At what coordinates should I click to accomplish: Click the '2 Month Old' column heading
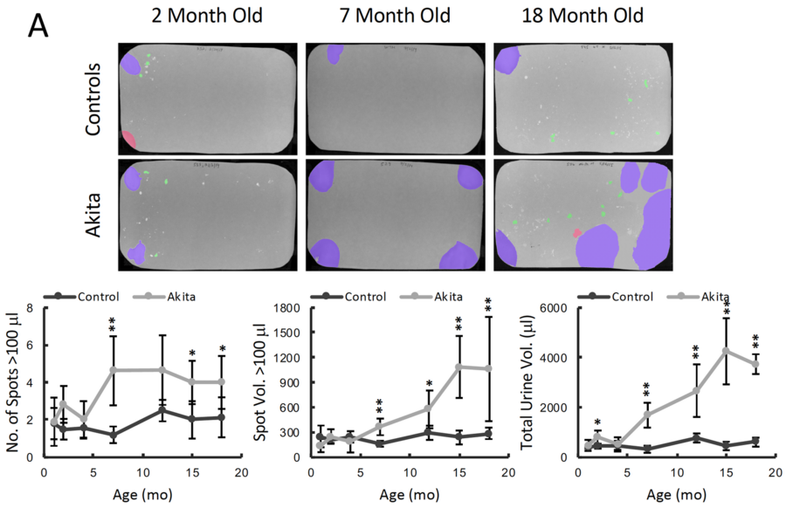click(206, 17)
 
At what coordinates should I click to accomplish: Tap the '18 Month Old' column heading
click(583, 17)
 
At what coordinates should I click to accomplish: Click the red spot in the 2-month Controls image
click(128, 140)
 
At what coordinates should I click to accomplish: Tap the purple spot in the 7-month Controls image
click(334, 54)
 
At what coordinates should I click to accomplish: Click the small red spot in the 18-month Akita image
click(576, 233)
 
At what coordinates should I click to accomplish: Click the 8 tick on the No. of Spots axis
click(31, 308)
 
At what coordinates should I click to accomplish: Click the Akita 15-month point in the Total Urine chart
click(725, 350)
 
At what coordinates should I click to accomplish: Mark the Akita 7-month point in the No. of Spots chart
click(113, 370)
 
